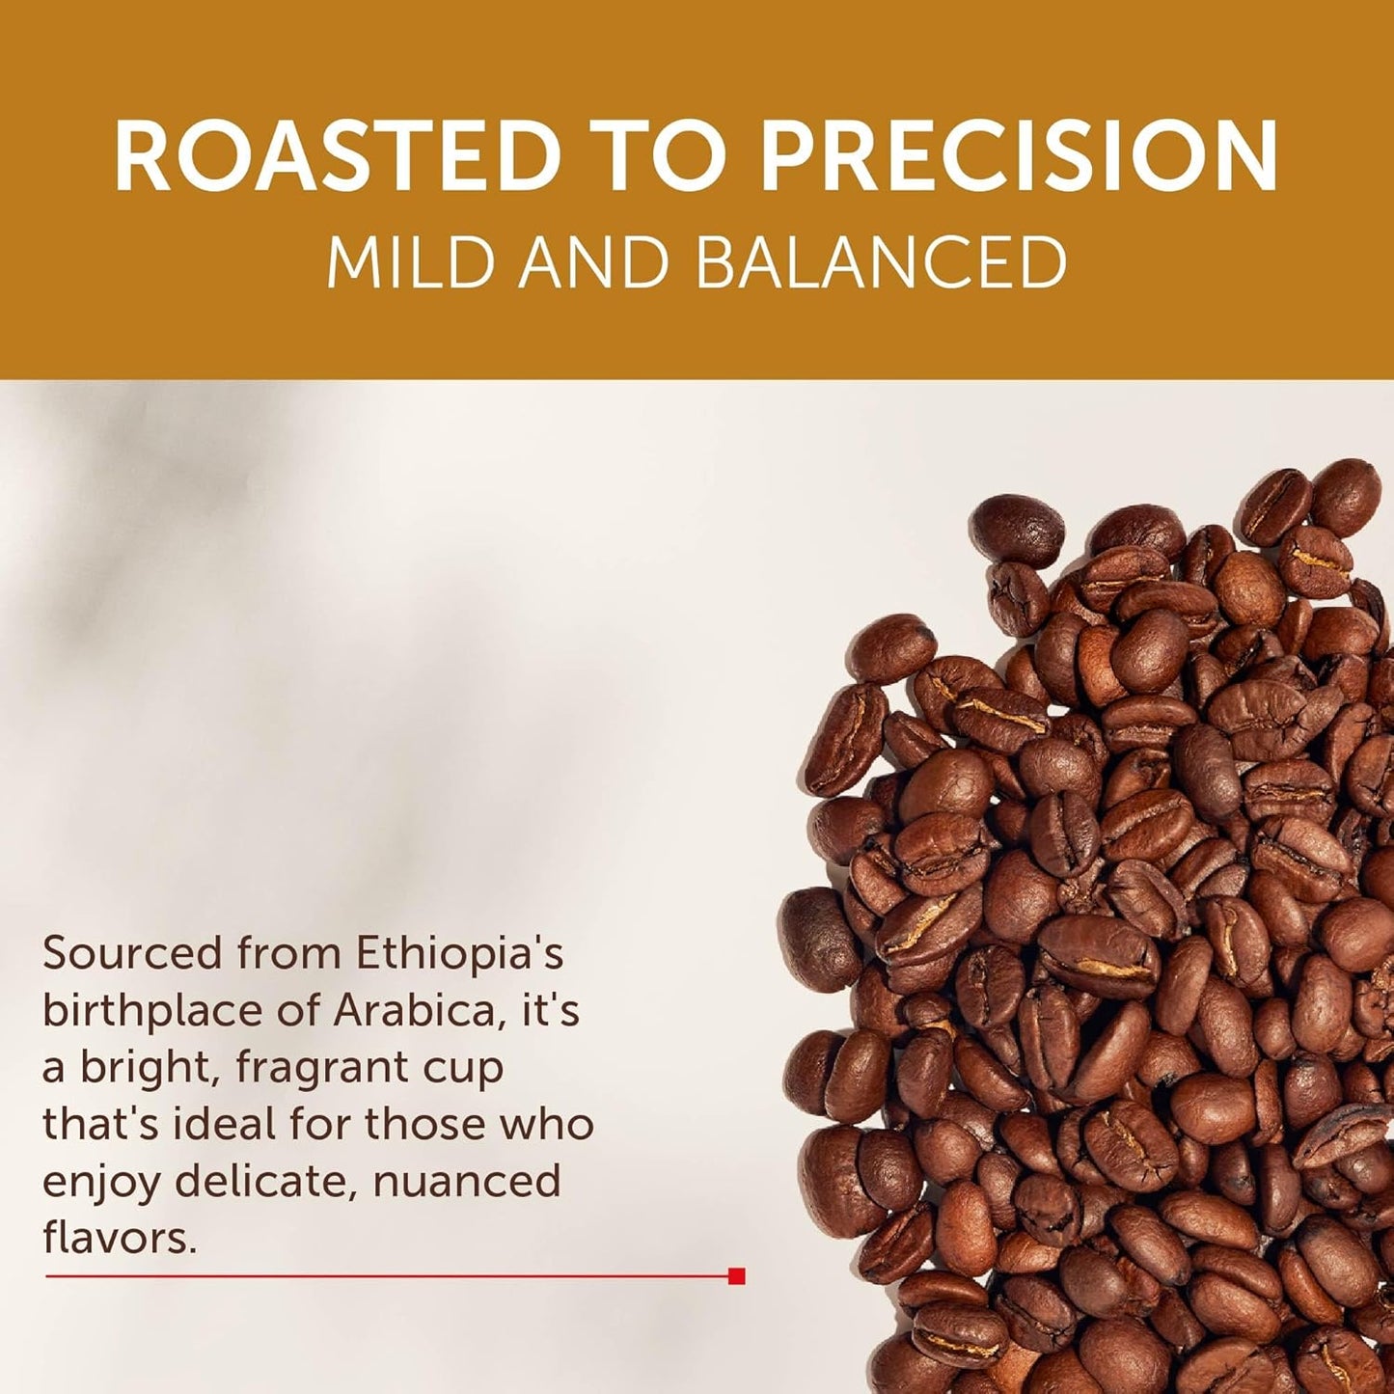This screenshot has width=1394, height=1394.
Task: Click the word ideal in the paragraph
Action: (x=201, y=1124)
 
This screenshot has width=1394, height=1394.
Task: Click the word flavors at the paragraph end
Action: (x=119, y=1238)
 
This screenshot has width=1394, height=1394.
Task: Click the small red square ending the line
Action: (x=737, y=1276)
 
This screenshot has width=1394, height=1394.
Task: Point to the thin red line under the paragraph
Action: (x=386, y=1276)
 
